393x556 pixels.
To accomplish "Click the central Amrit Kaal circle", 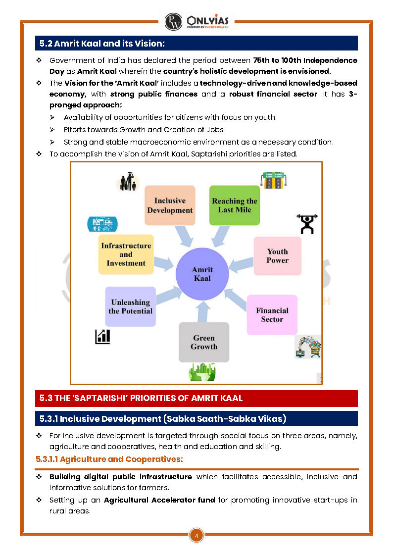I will [202, 274].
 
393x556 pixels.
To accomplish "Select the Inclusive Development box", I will [170, 205].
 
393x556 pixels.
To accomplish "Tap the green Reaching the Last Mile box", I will [235, 205].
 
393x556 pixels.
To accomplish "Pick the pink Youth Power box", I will [277, 255].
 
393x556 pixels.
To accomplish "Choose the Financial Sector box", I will [272, 315].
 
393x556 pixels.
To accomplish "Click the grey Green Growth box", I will [204, 342].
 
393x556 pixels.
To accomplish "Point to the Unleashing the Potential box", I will [130, 306].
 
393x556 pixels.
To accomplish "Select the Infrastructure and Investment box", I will [126, 254].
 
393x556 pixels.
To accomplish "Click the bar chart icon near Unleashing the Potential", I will [102, 337].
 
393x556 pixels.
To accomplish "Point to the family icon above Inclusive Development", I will [128, 182].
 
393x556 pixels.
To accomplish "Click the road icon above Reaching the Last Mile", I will [274, 181].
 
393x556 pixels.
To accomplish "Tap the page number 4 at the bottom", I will [196, 535].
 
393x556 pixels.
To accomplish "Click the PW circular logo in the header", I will [173, 22].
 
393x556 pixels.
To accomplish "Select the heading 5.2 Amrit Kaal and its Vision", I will [102, 44].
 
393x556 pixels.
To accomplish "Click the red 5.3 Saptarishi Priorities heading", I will [141, 398].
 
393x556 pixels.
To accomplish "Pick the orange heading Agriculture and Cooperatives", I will [109, 459].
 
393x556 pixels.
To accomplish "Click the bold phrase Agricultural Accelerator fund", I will [159, 500].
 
